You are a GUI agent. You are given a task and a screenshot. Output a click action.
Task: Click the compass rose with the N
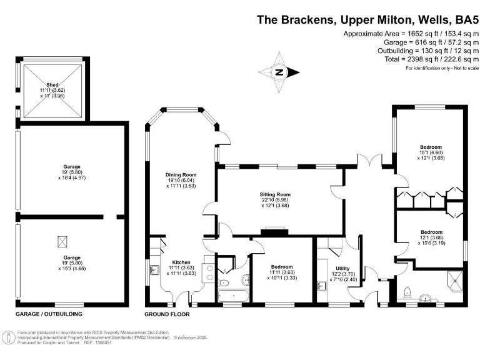pyautogui.click(x=279, y=72)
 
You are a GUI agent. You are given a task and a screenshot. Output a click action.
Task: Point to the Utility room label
pyautogui.click(x=342, y=268)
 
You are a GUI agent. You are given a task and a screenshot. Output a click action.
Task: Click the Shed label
pyautogui.click(x=52, y=84)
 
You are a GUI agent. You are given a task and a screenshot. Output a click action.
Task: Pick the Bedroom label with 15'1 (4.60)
pyautogui.click(x=431, y=147)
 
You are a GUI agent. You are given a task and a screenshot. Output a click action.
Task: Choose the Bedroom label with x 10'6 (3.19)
pyautogui.click(x=431, y=232)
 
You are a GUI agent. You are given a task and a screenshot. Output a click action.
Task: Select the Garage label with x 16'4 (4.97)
pyautogui.click(x=72, y=167)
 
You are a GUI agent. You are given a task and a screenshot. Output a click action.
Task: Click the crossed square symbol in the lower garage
pyautogui.click(x=63, y=241)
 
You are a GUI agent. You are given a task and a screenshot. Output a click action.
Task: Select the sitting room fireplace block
pyautogui.click(x=273, y=232)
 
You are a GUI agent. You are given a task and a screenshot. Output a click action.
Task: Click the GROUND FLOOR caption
pyautogui.click(x=167, y=314)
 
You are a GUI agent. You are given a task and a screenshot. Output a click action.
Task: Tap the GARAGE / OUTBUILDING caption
pyautogui.click(x=49, y=314)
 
